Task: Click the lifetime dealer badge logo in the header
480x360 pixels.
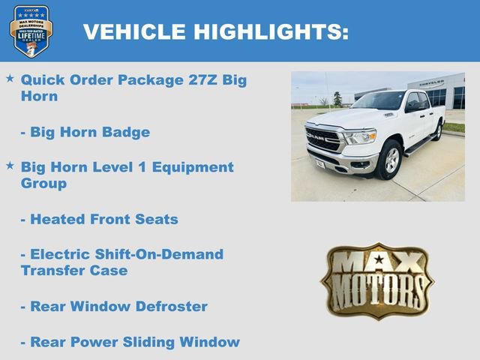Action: coord(31,31)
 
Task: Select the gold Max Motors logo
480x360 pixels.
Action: coord(377,280)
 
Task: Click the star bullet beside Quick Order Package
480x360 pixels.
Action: coord(10,78)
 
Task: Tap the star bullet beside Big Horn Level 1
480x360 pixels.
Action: coord(10,165)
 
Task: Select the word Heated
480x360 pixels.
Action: coord(58,220)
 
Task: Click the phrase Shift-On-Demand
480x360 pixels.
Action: coord(157,254)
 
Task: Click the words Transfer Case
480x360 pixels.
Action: coord(74,271)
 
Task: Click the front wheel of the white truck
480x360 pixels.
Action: coord(388,160)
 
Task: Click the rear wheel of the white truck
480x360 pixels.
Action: coord(437,131)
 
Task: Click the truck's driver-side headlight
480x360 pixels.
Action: coord(361,136)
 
